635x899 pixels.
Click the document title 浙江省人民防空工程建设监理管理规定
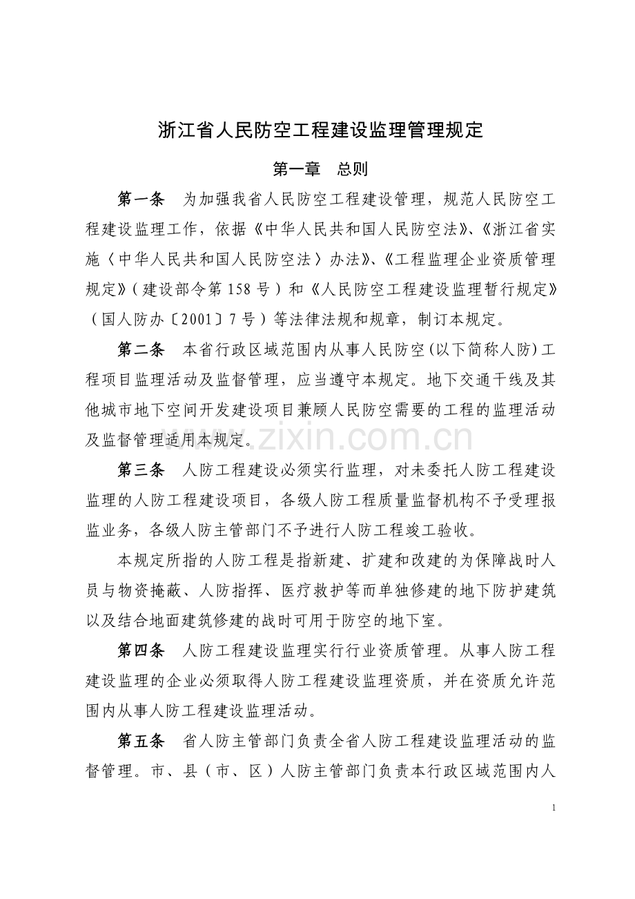point(320,130)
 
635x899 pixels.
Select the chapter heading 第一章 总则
point(320,169)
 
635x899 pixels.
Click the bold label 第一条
point(141,200)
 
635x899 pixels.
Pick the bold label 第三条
point(141,471)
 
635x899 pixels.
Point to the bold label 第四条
point(141,650)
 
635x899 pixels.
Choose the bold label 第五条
point(141,742)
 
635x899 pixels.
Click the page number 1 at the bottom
point(554,807)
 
